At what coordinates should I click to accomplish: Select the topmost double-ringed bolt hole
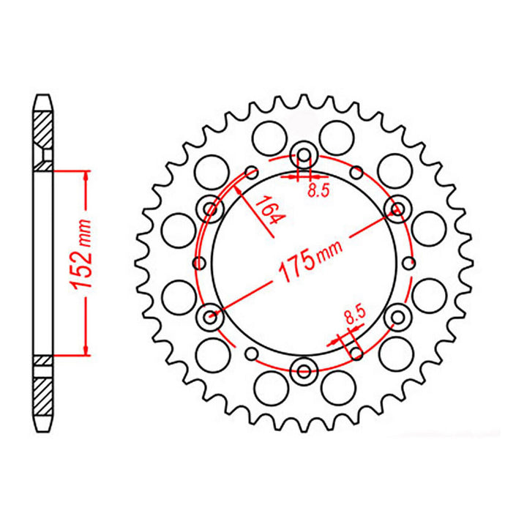(303, 155)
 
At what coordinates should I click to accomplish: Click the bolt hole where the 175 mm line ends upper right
(397, 211)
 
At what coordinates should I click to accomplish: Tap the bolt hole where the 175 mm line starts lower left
(210, 317)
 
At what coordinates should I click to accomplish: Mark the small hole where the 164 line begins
(251, 173)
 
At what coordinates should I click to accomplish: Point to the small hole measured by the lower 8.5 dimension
(356, 354)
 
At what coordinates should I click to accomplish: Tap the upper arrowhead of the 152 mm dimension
(87, 176)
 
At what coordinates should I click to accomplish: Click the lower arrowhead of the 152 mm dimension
(87, 351)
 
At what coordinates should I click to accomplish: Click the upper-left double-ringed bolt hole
(211, 211)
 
